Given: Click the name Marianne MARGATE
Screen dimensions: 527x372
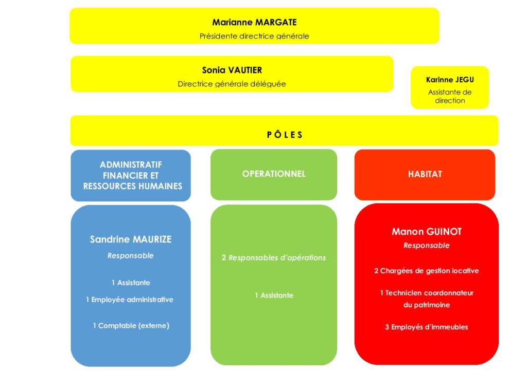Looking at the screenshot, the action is tap(254, 23).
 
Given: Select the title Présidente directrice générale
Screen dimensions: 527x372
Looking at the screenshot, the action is tap(254, 36).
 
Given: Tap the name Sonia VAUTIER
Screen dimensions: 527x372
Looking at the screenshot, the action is tap(232, 70).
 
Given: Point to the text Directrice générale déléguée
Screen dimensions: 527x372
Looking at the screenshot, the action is tap(232, 84).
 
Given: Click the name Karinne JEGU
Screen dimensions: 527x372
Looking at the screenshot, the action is tap(450, 80).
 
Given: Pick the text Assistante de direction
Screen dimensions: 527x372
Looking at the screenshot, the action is tap(450, 96).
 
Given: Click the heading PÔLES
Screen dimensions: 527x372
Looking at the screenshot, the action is tap(285, 135).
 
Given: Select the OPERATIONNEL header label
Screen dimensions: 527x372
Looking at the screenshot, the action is tap(274, 174).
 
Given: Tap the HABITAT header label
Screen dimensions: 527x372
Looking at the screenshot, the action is tap(425, 174).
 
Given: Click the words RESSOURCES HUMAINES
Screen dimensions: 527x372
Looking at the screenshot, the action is tap(133, 186).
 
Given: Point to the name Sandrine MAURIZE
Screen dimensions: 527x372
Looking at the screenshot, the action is tap(131, 239).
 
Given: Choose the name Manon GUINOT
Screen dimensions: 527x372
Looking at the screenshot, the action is tap(427, 231).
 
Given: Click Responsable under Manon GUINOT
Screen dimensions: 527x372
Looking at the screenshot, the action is tap(427, 246).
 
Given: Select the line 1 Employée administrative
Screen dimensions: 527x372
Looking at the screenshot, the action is tap(130, 300).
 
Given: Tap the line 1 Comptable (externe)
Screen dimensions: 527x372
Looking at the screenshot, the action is tap(131, 325).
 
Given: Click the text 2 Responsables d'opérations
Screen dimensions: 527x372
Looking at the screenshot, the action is tap(274, 257).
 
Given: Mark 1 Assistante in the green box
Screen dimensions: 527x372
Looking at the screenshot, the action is tap(274, 295).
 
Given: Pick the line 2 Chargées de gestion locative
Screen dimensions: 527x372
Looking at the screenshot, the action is tap(427, 271).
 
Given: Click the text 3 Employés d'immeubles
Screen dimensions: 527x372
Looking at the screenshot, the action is tap(427, 327).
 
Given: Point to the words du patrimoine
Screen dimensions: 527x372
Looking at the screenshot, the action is tap(427, 305).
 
